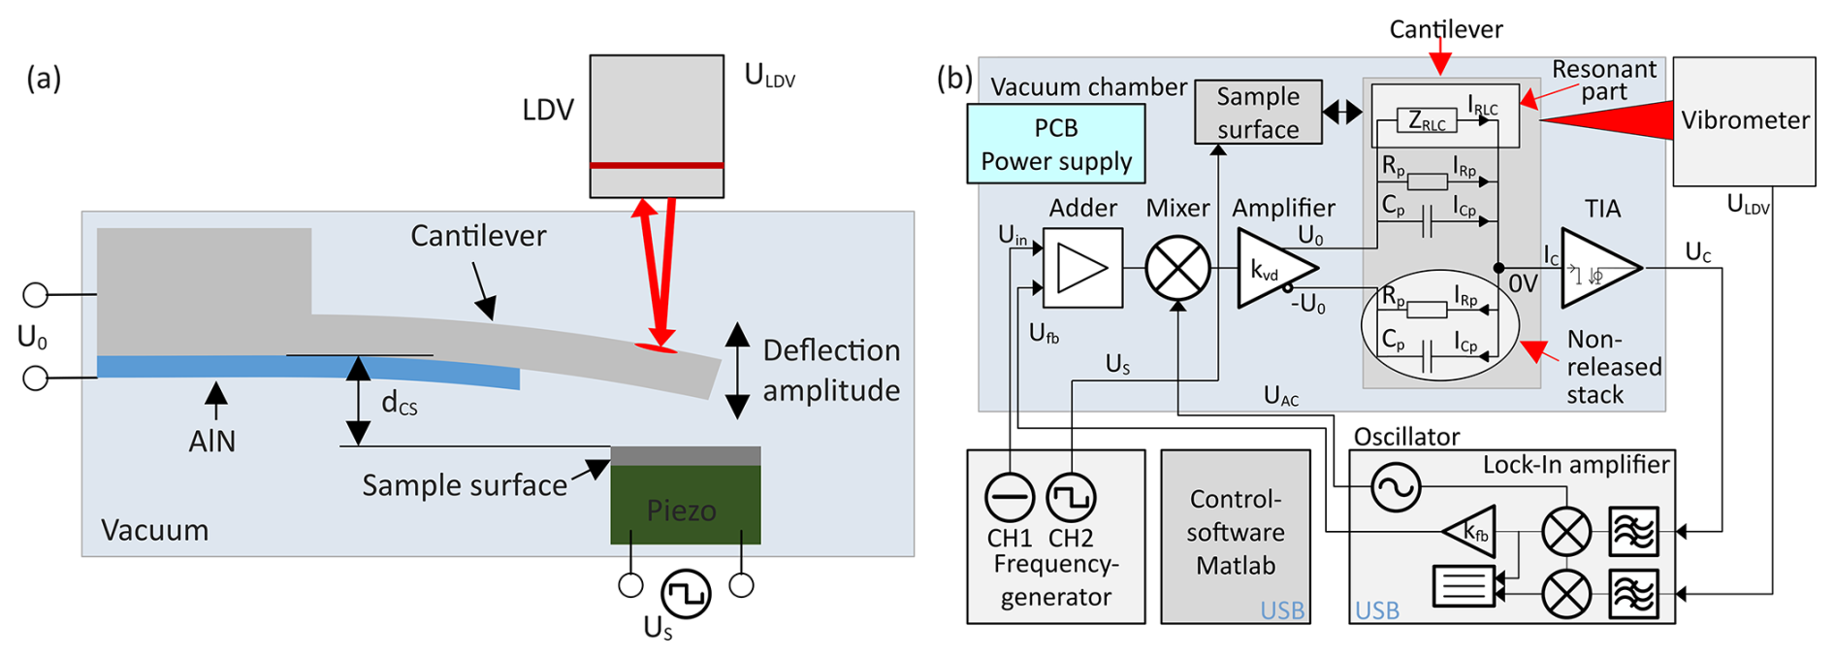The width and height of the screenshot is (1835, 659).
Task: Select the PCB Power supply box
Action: pos(1055,145)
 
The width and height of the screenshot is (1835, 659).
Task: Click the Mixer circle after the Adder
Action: pos(1177,269)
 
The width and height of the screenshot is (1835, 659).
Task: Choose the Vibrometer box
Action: pos(1744,121)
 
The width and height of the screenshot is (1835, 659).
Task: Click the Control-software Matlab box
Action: pos(1235,535)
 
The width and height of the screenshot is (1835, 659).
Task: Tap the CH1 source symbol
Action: pos(1010,498)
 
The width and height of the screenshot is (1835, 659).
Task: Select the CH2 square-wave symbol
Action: pos(1071,498)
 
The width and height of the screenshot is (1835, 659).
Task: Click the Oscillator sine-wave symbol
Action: pos(1396,487)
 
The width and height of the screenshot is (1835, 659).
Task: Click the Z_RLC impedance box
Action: pos(1427,121)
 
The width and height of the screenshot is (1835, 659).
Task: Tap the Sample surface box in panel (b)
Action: pos(1258,113)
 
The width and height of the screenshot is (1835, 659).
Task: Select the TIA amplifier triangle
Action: pos(1596,269)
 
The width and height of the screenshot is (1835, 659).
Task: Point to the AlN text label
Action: pos(212,442)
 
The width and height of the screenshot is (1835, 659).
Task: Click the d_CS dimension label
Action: pos(399,403)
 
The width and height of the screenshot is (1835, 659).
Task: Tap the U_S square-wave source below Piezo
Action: pos(686,593)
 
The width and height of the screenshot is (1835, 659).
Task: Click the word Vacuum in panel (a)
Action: pos(155,530)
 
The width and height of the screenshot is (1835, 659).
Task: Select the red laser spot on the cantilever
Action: pos(656,346)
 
